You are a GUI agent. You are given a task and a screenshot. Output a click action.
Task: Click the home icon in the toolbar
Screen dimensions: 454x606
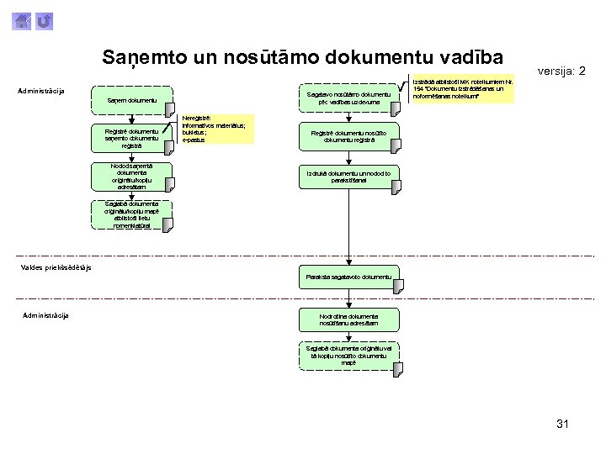coord(23,19)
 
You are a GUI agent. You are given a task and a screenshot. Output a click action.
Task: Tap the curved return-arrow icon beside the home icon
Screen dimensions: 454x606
coord(45,19)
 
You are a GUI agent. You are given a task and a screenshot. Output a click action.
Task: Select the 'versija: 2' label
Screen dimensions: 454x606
coord(561,71)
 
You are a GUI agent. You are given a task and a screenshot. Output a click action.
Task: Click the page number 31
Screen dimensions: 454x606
coord(562,424)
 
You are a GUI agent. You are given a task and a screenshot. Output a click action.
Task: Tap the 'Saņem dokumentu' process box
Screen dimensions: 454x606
coord(130,100)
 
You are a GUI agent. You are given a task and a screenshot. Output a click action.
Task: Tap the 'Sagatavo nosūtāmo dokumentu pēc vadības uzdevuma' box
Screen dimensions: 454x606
coord(348,98)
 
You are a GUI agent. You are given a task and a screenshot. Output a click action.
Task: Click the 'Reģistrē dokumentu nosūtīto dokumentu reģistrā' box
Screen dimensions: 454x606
coord(348,137)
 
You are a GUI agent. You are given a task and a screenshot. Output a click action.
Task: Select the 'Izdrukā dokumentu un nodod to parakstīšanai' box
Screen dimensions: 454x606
coord(348,176)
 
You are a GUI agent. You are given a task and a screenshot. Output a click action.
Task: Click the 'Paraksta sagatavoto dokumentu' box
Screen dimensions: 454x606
coord(348,277)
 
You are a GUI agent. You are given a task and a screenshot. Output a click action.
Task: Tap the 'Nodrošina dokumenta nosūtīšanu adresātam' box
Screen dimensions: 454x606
coord(348,319)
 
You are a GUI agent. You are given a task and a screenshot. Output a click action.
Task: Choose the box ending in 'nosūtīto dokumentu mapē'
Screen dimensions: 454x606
coord(348,355)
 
